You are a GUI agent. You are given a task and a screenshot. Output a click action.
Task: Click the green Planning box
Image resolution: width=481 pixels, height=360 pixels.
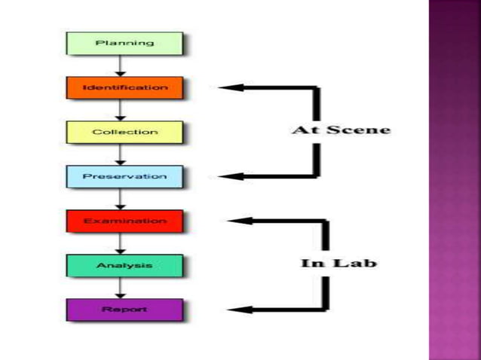tap(124, 43)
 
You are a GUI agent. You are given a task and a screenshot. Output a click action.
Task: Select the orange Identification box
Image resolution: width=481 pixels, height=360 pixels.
tap(124, 87)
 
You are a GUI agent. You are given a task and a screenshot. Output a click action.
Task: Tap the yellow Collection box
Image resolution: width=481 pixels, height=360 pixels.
tap(124, 132)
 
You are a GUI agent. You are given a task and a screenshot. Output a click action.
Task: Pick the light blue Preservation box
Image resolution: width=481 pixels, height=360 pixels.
tap(124, 176)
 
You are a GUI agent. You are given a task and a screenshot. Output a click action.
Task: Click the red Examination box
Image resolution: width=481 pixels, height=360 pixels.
tap(124, 221)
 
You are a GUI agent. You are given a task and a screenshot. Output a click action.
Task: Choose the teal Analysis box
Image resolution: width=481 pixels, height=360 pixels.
tap(124, 265)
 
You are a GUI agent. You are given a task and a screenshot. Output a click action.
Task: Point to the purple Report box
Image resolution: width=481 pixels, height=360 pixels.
tap(124, 310)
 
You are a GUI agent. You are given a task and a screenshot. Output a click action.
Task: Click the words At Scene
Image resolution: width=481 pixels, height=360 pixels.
tap(342, 130)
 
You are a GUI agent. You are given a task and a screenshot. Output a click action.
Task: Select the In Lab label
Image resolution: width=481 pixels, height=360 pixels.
tap(339, 263)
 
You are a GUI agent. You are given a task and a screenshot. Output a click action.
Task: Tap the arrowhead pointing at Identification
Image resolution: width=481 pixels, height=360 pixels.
tap(228, 87)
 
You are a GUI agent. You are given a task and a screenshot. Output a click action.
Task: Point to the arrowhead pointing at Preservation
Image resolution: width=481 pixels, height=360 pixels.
tap(228, 176)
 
